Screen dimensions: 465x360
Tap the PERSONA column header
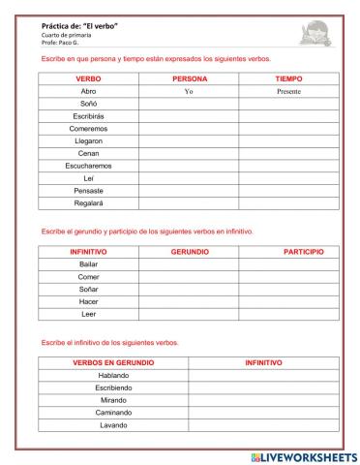click(x=189, y=77)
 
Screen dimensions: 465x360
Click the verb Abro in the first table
click(x=88, y=90)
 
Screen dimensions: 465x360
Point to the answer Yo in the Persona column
click(x=189, y=90)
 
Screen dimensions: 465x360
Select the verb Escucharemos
click(x=88, y=166)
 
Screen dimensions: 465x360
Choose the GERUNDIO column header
click(x=189, y=251)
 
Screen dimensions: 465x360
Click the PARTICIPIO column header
click(x=303, y=251)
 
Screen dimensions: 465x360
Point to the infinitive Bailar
click(x=88, y=263)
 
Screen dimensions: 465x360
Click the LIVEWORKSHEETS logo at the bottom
click(x=303, y=455)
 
